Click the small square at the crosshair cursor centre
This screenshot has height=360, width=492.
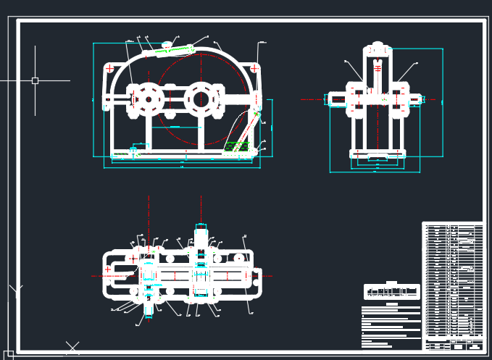[x=35, y=80]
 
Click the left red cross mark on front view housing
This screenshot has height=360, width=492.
[x=109, y=70]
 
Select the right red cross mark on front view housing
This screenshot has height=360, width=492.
[x=254, y=69]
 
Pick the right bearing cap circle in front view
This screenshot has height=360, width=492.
[x=199, y=98]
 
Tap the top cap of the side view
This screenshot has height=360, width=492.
[x=377, y=50]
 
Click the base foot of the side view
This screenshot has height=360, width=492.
[x=377, y=154]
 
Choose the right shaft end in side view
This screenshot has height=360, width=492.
[x=418, y=98]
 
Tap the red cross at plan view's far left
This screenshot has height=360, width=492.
[x=108, y=269]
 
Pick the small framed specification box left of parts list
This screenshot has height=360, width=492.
[x=391, y=292]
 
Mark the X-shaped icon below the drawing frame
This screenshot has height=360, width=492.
[x=72, y=348]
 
